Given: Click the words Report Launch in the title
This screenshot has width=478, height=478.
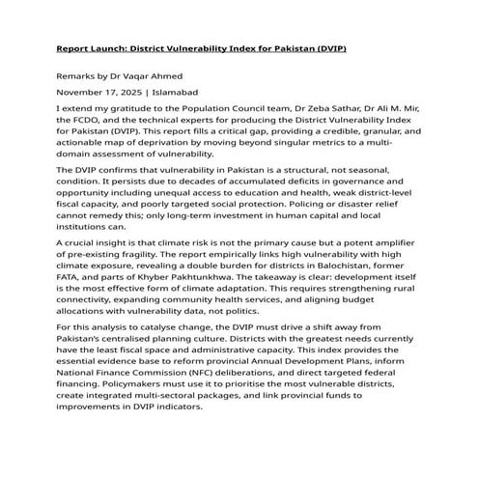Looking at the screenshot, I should click(x=88, y=47).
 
